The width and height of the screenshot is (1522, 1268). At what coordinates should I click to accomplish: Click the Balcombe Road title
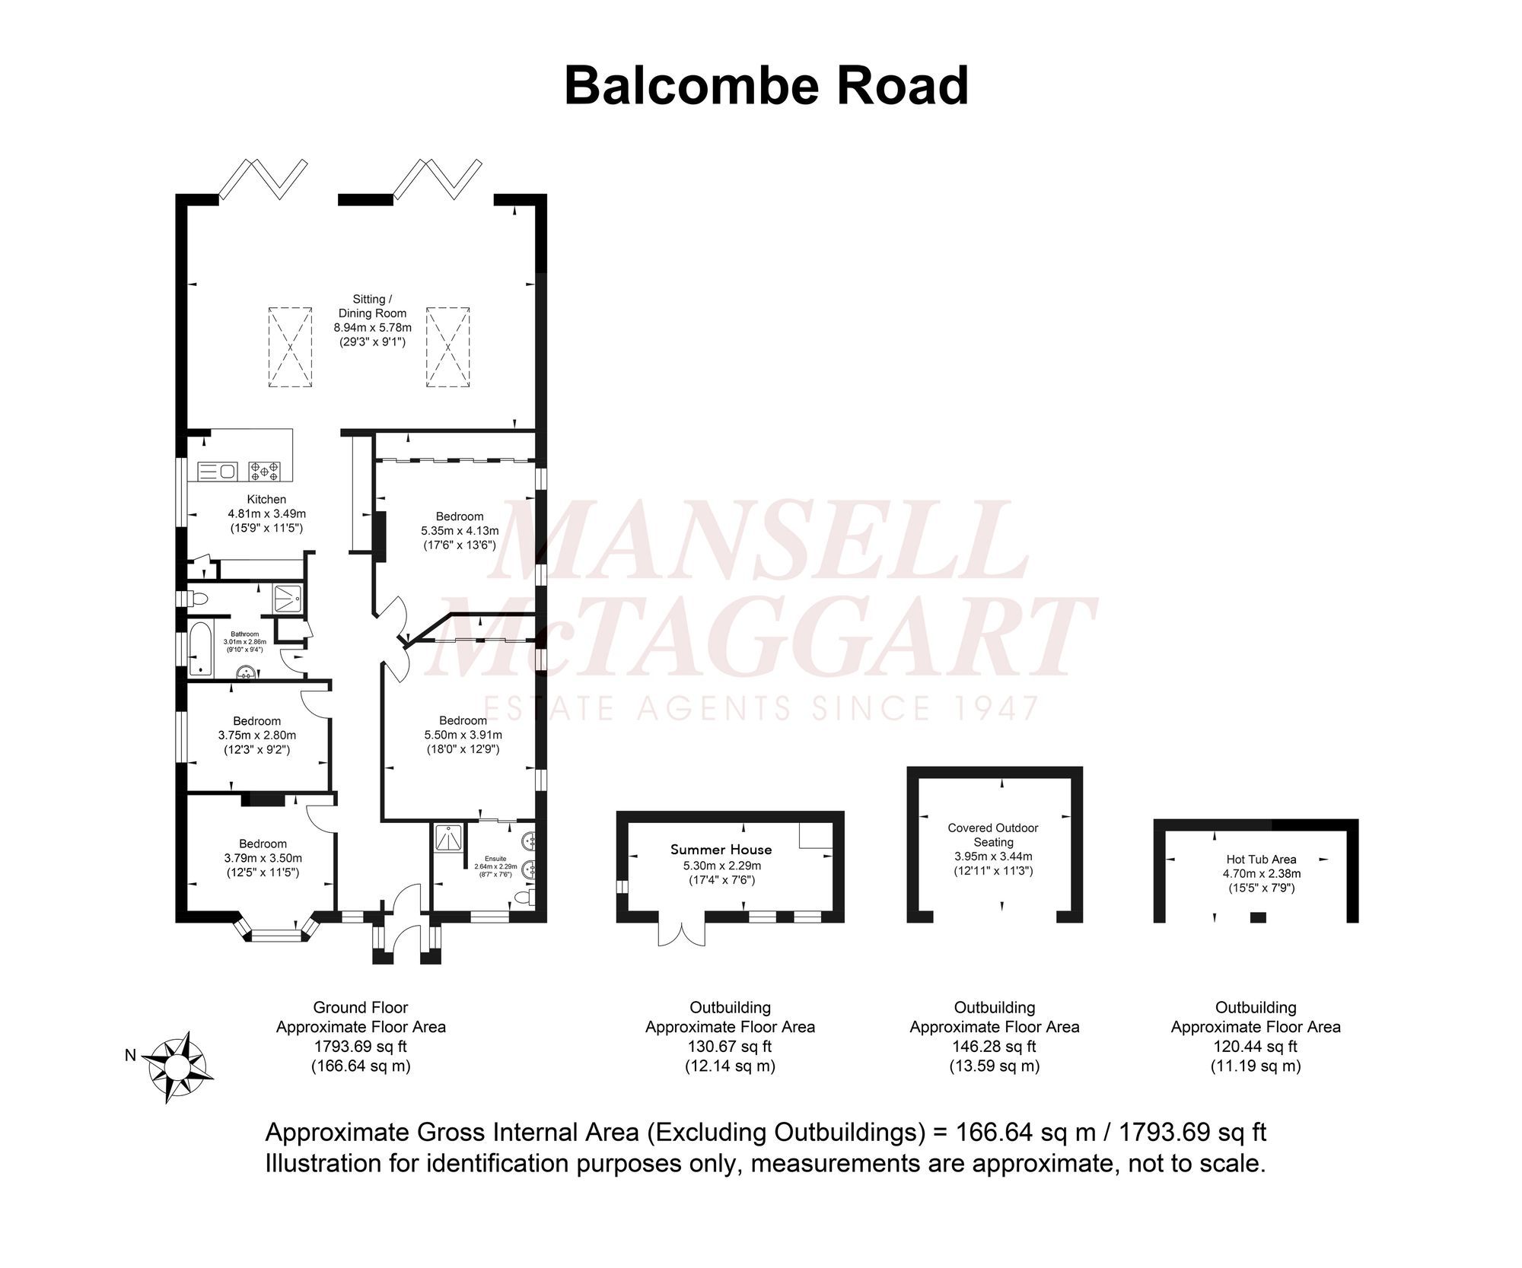766,87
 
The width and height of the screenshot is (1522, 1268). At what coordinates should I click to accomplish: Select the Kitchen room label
266,500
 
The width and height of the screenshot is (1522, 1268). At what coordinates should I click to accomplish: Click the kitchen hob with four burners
265,472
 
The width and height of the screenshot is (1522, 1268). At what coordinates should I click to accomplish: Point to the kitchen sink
218,472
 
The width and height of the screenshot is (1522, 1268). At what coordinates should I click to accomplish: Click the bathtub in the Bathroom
201,650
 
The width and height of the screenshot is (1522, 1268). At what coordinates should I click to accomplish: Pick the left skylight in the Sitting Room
290,348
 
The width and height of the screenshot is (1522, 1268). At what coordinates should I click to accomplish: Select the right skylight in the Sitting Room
448,348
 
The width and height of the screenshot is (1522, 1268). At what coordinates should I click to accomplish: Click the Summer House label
721,850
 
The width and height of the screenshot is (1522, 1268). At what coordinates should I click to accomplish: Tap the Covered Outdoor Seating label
993,834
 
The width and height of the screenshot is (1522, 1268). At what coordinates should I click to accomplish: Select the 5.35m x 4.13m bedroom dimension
460,531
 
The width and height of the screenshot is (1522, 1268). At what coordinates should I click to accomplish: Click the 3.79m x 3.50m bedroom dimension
263,858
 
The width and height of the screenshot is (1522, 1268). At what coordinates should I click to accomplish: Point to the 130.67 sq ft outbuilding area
730,1047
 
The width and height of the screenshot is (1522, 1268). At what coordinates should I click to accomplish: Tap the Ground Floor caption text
361,1008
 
